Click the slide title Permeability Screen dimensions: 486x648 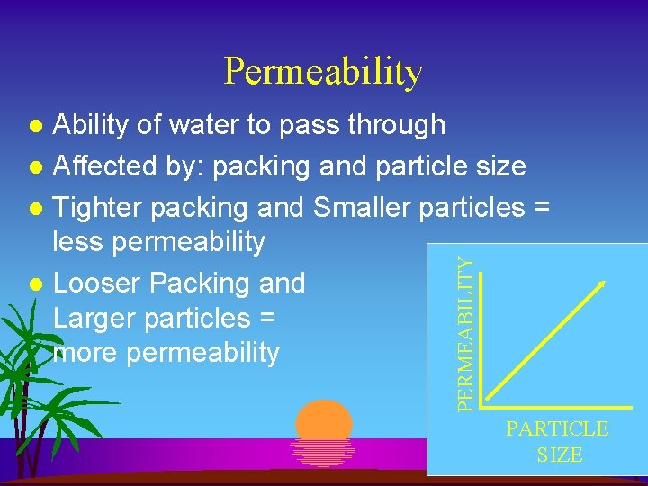point(323,72)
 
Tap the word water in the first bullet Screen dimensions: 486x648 point(214,125)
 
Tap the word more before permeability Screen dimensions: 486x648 point(87,353)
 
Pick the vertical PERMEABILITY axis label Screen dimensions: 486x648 point(464,334)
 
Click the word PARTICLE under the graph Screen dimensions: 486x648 point(557,429)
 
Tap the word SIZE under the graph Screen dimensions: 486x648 point(560,455)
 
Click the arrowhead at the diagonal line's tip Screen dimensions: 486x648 point(602,285)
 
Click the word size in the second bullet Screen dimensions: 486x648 point(500,166)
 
